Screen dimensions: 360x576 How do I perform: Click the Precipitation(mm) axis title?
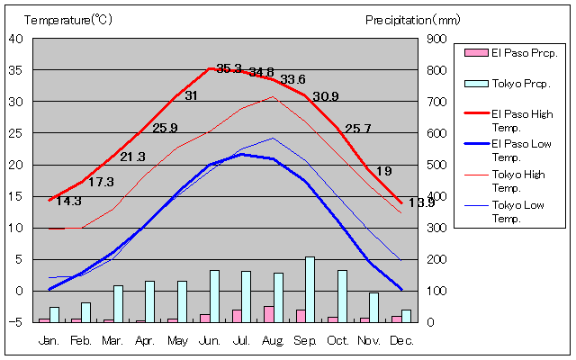(x=412, y=19)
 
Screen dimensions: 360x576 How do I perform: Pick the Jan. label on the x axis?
(x=49, y=341)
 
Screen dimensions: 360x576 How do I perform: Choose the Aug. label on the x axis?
(x=273, y=341)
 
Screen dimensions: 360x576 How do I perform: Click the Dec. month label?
(x=401, y=341)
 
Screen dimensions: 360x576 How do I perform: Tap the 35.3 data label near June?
(x=229, y=69)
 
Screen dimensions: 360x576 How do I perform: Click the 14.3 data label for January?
(x=68, y=201)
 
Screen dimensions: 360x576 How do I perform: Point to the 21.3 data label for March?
(x=132, y=157)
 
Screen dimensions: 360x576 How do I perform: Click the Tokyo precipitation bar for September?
(x=310, y=289)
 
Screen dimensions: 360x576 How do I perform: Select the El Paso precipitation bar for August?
(x=268, y=313)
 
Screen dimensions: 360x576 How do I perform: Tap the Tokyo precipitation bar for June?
(x=214, y=295)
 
